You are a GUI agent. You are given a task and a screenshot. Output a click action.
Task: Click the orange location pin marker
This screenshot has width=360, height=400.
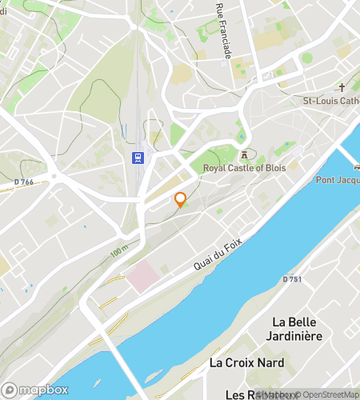(x=180, y=199)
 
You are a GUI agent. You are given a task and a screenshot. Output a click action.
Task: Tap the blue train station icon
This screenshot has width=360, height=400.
(x=138, y=158)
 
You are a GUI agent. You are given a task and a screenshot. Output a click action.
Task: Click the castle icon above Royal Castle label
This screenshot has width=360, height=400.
(x=244, y=154)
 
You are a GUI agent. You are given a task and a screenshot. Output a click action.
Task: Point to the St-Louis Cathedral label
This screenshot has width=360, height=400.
(x=330, y=101)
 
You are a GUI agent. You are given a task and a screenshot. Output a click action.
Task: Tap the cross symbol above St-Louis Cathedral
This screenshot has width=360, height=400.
(x=342, y=87)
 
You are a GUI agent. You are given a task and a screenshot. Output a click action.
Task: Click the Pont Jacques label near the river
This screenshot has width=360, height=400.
(x=337, y=179)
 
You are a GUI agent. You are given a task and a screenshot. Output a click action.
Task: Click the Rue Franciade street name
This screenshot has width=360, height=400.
(x=223, y=30)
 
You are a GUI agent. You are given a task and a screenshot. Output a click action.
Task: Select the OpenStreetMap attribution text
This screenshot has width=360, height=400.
(x=324, y=394)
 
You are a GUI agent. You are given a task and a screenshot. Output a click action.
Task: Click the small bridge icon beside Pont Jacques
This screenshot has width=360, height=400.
(x=357, y=167)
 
